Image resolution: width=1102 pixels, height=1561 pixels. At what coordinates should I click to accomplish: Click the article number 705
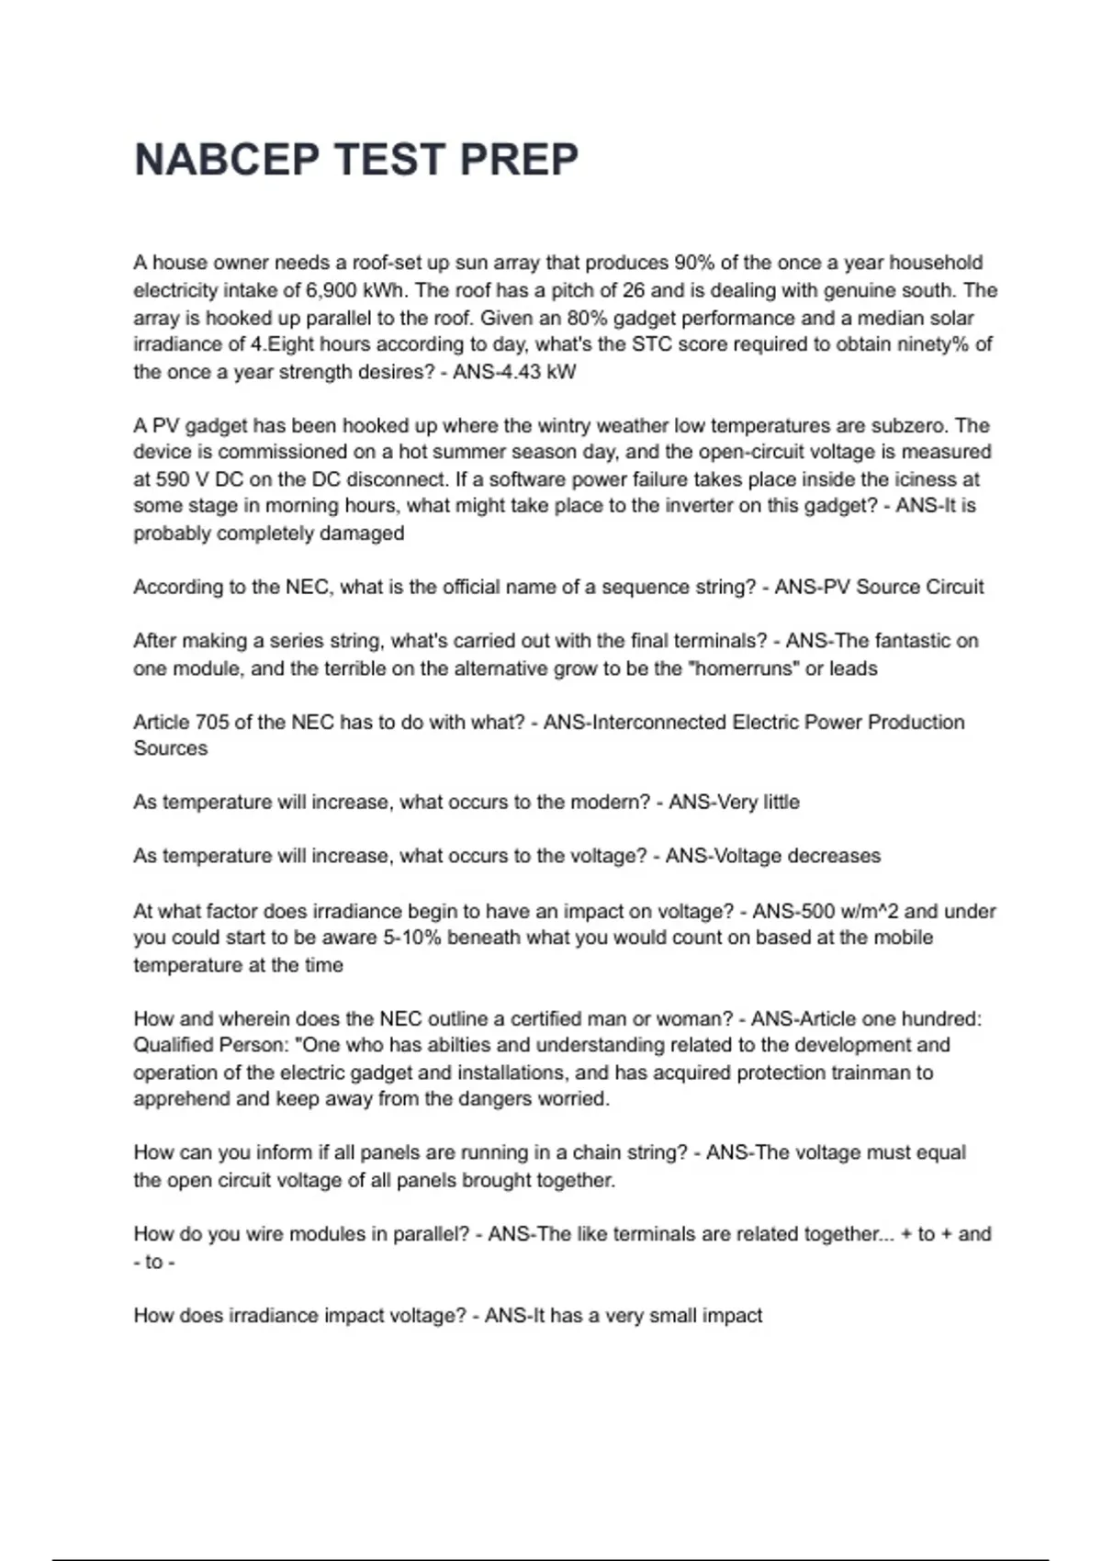[212, 722]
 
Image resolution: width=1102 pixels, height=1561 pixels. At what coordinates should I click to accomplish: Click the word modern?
[610, 802]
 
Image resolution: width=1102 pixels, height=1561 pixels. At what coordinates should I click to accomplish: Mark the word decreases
[838, 856]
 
